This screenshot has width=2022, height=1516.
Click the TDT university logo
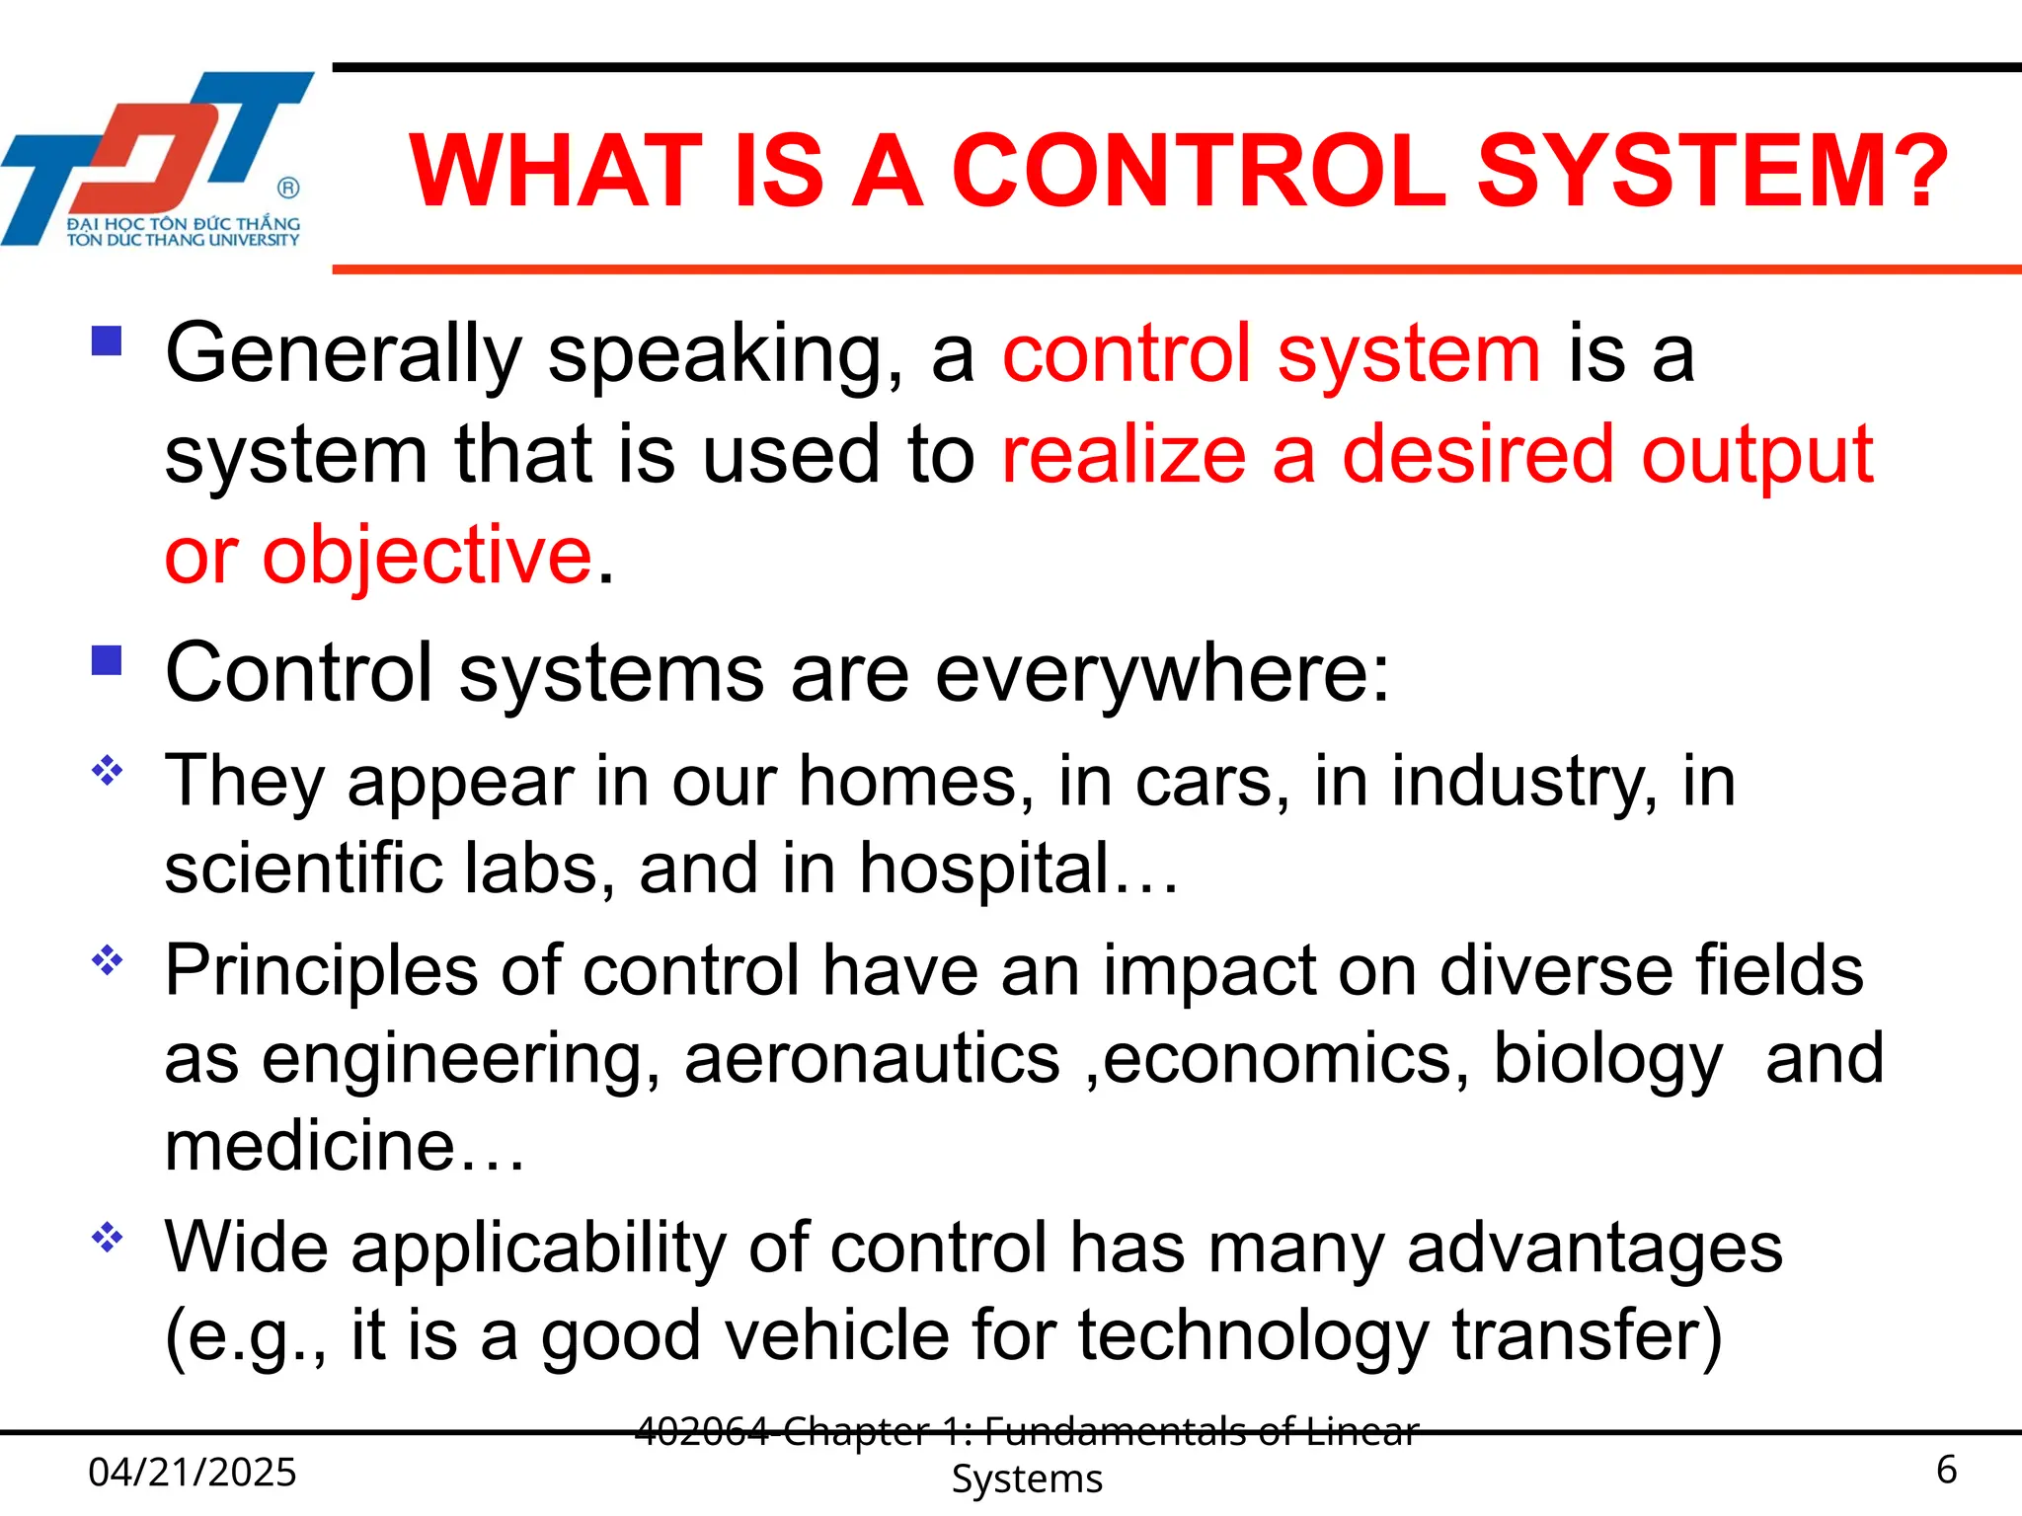[x=158, y=158]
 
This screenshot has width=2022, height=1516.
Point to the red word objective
[x=427, y=556]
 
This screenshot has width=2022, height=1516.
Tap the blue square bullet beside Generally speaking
[x=107, y=341]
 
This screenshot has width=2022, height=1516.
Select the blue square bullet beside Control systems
[x=107, y=659]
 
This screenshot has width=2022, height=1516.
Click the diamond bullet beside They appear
[x=107, y=770]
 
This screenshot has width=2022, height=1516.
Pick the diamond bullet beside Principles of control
[x=107, y=959]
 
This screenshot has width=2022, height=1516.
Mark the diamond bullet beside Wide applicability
[x=107, y=1237]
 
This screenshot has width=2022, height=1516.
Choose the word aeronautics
[x=872, y=1059]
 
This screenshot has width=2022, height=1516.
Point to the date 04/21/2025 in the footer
[x=193, y=1472]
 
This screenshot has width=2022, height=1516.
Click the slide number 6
[x=1946, y=1470]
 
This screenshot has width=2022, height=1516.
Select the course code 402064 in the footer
[x=702, y=1430]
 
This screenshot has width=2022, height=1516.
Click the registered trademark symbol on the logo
[x=288, y=188]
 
